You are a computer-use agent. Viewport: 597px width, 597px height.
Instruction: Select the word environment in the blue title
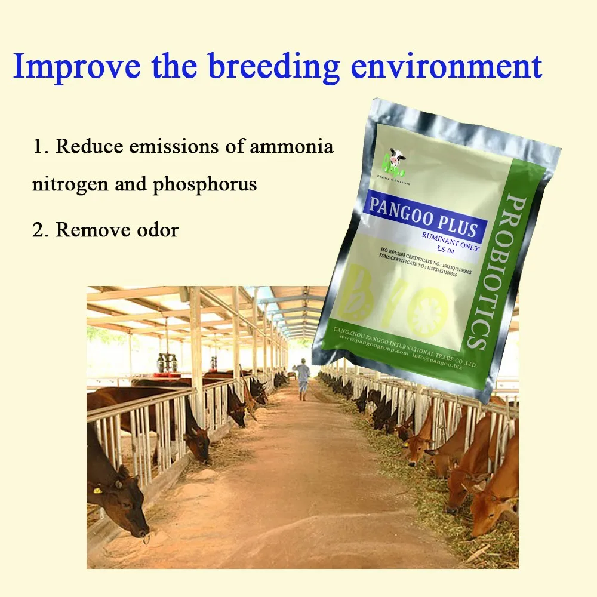pyautogui.click(x=447, y=66)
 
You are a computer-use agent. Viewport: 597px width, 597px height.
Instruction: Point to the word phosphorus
pyautogui.click(x=205, y=185)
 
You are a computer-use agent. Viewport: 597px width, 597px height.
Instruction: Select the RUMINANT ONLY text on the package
pyautogui.click(x=450, y=238)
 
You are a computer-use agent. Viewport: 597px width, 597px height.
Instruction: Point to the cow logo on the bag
pyautogui.click(x=395, y=158)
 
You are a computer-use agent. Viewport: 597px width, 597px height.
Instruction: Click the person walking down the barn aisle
pyautogui.click(x=303, y=377)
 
